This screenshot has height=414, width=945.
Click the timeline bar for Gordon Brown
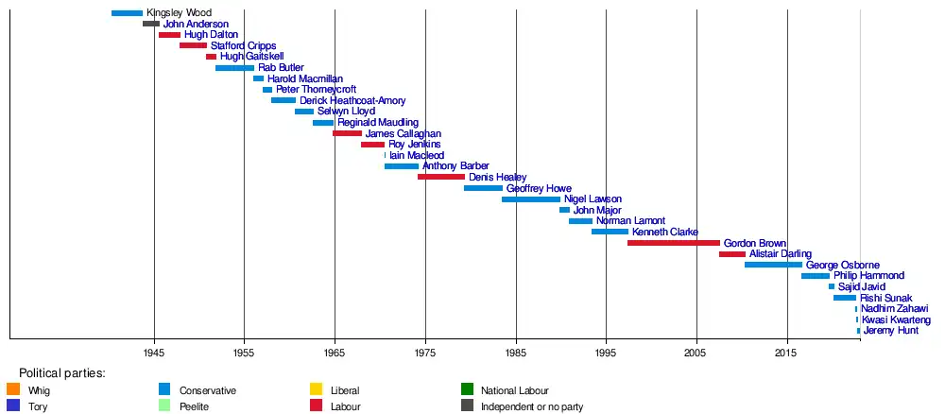pos(673,243)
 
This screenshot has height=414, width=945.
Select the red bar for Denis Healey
pos(441,177)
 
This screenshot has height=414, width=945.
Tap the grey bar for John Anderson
pos(151,24)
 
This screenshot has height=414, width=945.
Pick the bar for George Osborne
pos(773,265)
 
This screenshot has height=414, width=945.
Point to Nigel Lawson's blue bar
pos(531,199)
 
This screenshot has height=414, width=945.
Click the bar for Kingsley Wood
pos(127,13)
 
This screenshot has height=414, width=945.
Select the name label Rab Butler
pos(281,68)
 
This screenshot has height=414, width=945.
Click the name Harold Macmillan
pos(305,78)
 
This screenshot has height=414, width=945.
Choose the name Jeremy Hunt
pos(890,331)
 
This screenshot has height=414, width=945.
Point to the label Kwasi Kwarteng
pos(896,320)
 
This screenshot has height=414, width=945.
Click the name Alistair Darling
pos(781,254)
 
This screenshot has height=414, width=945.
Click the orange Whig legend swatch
pos(13,389)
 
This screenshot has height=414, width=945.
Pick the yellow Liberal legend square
pos(317,389)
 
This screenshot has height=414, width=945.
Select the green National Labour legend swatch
pos(467,389)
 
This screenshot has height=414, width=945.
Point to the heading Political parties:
pos(62,373)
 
